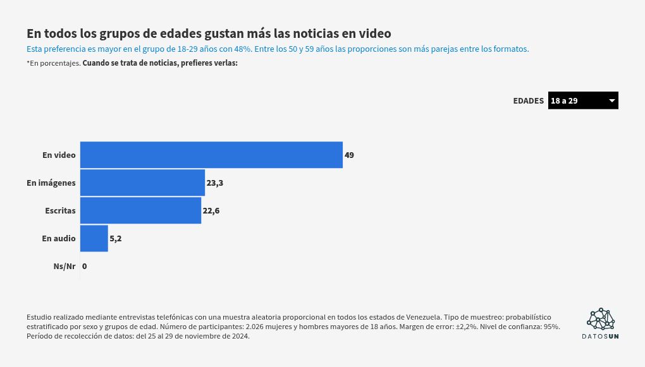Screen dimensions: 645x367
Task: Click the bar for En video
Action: coord(211,155)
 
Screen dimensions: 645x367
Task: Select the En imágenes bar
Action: coord(142,183)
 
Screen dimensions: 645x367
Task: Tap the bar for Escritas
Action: coord(140,210)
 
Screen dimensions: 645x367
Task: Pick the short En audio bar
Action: coord(94,238)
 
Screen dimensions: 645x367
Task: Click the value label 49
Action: coord(349,155)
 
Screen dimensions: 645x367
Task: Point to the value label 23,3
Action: coord(215,183)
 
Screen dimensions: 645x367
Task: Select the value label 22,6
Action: coord(211,210)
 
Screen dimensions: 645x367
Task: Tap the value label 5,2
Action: coord(116,238)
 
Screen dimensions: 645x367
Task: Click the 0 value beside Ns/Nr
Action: coord(84,267)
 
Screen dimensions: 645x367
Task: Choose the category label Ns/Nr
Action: coord(64,267)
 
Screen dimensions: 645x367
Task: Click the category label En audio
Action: coord(59,238)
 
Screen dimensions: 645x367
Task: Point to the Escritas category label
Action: coord(61,210)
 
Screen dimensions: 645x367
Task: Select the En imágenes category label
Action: coord(51,183)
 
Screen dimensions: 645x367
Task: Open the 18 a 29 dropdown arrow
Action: coord(611,100)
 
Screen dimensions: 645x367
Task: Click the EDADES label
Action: coord(528,100)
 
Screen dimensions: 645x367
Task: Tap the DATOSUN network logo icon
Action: coord(601,319)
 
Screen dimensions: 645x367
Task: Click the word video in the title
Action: coord(375,33)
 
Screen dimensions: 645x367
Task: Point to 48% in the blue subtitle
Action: coord(243,49)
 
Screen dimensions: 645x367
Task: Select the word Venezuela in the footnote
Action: coord(424,317)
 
